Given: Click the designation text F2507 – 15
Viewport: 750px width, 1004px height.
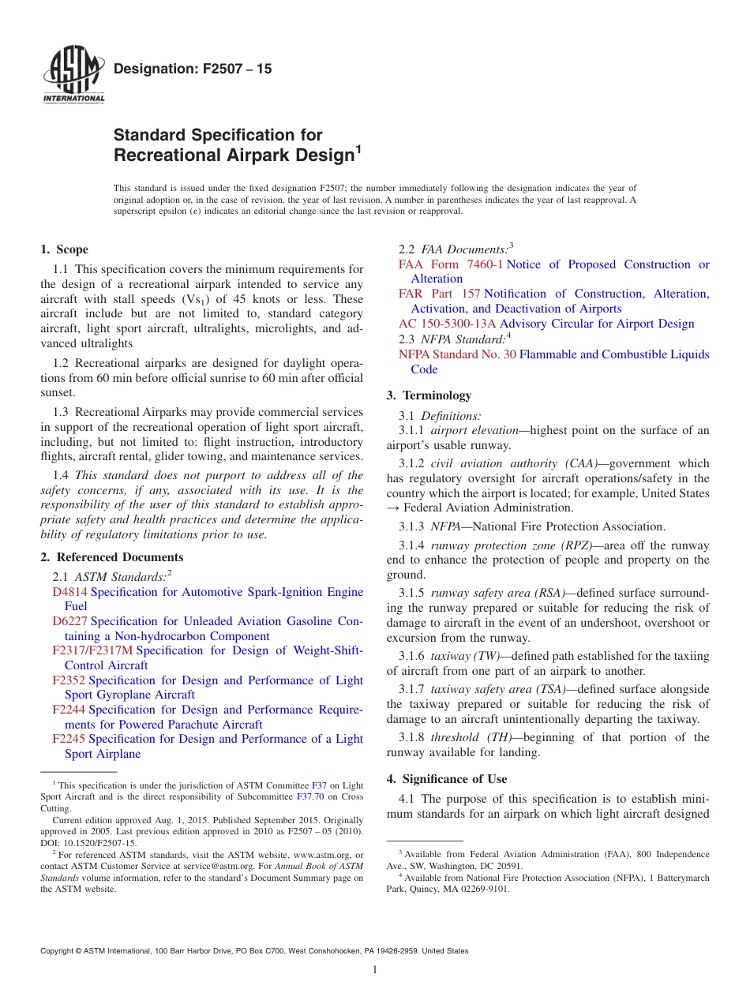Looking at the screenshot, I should click(x=193, y=69).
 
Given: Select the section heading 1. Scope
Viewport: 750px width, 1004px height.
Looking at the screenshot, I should click(x=64, y=249).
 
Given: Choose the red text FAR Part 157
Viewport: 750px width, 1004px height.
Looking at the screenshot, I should click(x=440, y=294).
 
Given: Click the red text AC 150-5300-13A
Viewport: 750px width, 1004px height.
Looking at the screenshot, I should click(x=448, y=324).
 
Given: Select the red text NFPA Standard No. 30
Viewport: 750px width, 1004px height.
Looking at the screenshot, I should click(x=457, y=354).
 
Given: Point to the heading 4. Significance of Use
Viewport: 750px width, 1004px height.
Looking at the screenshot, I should click(x=447, y=779).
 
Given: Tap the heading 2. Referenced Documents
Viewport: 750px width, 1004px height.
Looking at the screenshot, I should click(x=111, y=557).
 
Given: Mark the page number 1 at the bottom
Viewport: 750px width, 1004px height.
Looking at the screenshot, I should click(x=375, y=969).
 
